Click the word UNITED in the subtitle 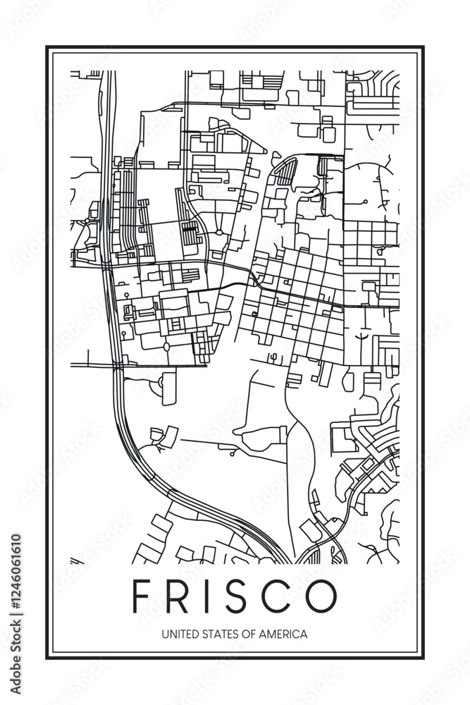(178, 634)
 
